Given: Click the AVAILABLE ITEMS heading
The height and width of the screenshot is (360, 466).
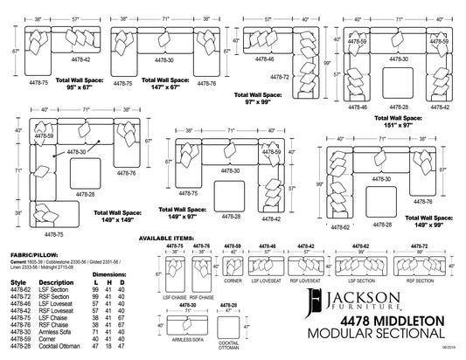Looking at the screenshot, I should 190,237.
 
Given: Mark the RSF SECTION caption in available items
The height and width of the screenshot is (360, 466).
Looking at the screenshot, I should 419,282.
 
